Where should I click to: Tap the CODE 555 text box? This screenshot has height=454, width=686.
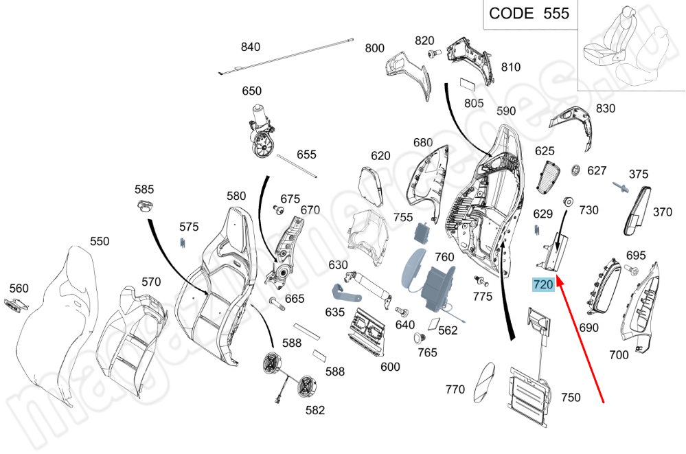tap(529, 14)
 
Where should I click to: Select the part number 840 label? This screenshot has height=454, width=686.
tap(251, 47)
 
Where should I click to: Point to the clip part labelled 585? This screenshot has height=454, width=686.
tap(144, 205)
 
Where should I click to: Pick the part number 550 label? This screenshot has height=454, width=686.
tap(100, 241)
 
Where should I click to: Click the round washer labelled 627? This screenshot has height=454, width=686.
tap(575, 170)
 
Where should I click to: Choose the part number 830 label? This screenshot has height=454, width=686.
tap(606, 109)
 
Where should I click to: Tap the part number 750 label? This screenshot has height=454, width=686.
tap(571, 397)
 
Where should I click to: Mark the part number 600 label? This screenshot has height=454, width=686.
tap(390, 367)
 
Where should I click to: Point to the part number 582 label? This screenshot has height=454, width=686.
tap(315, 411)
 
